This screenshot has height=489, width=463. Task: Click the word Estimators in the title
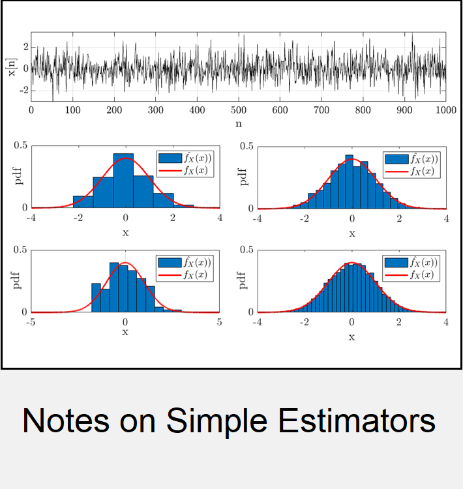tap(356, 421)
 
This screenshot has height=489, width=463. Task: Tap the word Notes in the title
tap(65, 421)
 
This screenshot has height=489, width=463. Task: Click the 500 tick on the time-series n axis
tap(239, 110)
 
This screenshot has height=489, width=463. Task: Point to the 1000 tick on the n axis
tap(446, 110)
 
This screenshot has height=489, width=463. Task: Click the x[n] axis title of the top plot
tap(12, 67)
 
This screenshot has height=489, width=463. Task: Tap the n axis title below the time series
tap(239, 124)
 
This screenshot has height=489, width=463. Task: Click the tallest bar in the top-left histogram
tap(123, 180)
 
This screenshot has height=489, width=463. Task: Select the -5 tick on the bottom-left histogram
tap(31, 322)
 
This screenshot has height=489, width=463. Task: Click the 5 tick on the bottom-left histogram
tap(219, 322)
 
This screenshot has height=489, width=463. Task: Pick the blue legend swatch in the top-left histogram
tap(170, 158)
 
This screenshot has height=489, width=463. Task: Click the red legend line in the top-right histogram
tap(397, 171)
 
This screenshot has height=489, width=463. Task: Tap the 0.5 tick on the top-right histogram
tap(246, 146)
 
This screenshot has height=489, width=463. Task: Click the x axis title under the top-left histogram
tap(125, 233)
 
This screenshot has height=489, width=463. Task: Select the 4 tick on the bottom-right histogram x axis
tap(446, 322)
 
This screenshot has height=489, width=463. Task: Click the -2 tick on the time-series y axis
tap(23, 90)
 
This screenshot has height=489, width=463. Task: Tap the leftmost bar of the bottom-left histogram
tap(96, 297)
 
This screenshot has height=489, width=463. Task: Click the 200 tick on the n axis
tap(114, 110)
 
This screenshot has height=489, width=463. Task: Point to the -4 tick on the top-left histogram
tap(31, 218)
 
